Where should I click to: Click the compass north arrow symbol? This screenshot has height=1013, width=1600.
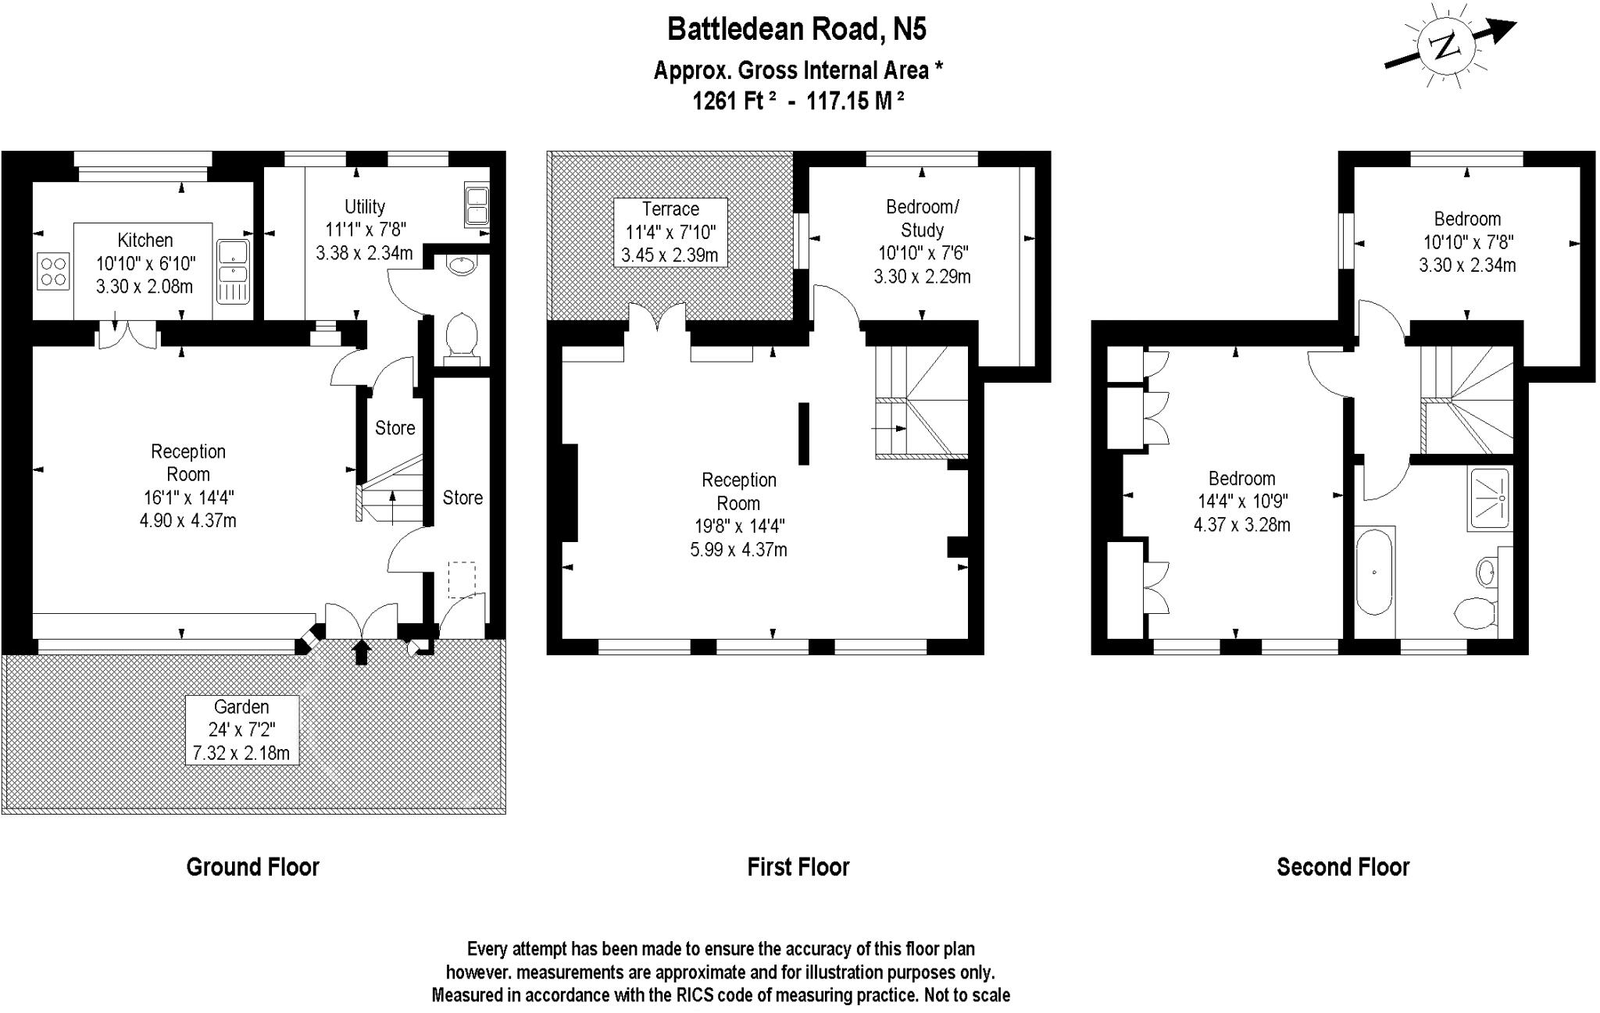pyautogui.click(x=1449, y=48)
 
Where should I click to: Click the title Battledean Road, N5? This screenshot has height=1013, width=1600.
pyautogui.click(x=797, y=30)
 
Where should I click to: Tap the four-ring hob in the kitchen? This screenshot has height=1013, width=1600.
pyautogui.click(x=53, y=271)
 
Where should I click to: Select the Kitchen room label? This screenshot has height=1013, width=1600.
pyautogui.click(x=145, y=241)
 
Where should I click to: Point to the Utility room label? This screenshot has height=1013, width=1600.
pyautogui.click(x=365, y=207)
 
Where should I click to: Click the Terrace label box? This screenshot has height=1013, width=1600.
pyautogui.click(x=670, y=232)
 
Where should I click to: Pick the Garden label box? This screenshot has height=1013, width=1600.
pyautogui.click(x=241, y=729)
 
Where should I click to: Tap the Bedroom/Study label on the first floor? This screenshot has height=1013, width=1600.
pyautogui.click(x=922, y=219)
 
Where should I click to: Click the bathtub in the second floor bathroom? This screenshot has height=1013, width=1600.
pyautogui.click(x=1374, y=572)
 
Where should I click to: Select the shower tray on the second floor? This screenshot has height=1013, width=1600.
pyautogui.click(x=1490, y=498)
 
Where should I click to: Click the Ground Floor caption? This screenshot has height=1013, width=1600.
pyautogui.click(x=252, y=867)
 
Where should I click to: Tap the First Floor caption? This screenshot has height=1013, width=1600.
pyautogui.click(x=798, y=867)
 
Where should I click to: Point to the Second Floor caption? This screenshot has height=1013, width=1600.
pyautogui.click(x=1342, y=867)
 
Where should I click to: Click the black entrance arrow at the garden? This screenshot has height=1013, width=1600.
pyautogui.click(x=361, y=651)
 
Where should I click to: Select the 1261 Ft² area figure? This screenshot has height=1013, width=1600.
pyautogui.click(x=734, y=101)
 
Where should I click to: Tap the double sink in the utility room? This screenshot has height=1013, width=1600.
pyautogui.click(x=477, y=205)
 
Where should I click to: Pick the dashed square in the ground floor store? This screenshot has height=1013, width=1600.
pyautogui.click(x=461, y=580)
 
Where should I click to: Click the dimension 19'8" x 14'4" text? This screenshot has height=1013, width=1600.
pyautogui.click(x=738, y=526)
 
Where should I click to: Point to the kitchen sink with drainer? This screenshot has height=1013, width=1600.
pyautogui.click(x=233, y=271)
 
